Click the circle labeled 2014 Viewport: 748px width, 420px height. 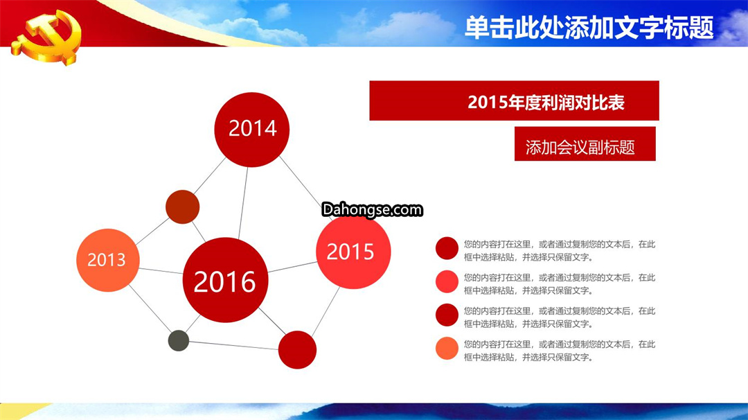pos(252,130)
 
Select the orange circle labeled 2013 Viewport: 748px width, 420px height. pos(108,260)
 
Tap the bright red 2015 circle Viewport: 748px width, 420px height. pos(353,252)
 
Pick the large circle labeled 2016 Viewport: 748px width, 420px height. pos(225,280)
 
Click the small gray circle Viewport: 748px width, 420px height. pos(179,340)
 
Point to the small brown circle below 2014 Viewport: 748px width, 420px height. pos(182,207)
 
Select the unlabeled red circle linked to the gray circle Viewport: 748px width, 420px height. pos(297,350)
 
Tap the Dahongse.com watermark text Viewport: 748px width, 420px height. pos(372,209)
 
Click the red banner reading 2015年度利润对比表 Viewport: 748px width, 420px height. pos(514,100)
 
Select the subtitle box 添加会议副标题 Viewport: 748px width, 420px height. pos(585,143)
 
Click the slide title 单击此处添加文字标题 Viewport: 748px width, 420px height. pos(589,28)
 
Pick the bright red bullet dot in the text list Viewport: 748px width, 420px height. pos(447,281)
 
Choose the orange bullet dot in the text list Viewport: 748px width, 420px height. pos(447,348)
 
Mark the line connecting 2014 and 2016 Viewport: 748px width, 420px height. pos(243,202)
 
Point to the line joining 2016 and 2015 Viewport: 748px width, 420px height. pos(292,267)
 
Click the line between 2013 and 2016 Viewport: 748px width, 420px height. pos(161,271)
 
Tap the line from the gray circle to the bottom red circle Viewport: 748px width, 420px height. pos(234,345)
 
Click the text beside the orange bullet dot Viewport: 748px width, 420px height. pos(560,350)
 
